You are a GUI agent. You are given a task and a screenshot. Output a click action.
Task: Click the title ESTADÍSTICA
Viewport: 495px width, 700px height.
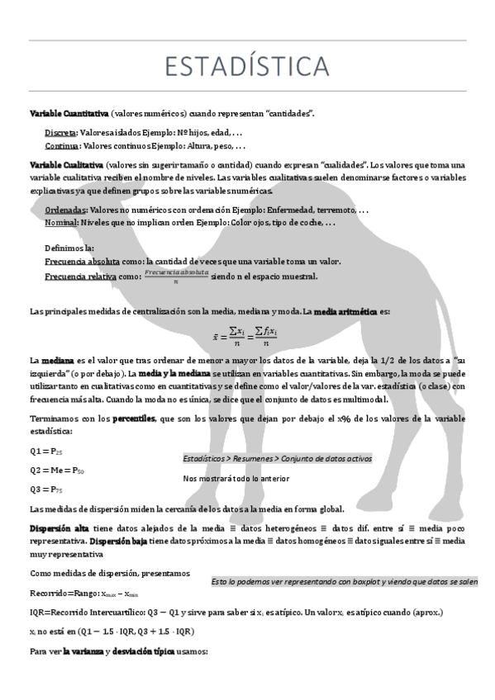246,64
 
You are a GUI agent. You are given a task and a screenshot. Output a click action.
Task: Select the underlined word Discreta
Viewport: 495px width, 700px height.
60,132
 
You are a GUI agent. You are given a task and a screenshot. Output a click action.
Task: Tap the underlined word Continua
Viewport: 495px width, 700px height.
63,145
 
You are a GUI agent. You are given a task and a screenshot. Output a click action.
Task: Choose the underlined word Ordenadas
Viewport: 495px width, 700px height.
64,210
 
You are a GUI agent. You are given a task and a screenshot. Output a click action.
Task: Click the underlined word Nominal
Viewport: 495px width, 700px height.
61,223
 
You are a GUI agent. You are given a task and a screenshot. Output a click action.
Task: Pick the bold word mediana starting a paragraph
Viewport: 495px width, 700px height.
58,361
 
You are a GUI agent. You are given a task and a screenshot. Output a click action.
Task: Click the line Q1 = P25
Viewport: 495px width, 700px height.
46,452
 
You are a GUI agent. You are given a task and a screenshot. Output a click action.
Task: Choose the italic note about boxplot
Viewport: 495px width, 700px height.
344,581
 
